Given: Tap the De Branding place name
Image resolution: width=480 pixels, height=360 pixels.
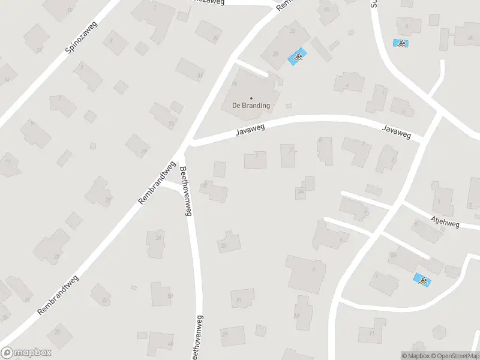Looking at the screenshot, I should coord(251,106).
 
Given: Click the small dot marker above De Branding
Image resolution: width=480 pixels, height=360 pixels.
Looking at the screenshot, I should coord(251,98).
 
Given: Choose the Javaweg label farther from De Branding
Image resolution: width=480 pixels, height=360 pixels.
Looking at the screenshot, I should coord(397,132).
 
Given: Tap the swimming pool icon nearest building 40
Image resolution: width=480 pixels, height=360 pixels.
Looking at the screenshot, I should coord(400,43).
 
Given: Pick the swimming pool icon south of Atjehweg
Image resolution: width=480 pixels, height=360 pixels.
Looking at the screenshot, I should coord(422,280).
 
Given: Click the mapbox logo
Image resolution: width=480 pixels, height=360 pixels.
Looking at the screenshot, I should coord(26,352).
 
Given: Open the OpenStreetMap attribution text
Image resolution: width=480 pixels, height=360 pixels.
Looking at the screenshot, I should coord(453,356).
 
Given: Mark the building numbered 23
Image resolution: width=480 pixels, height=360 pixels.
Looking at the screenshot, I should coord(52,246).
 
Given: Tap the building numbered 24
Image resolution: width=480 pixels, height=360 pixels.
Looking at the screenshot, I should coord(157,243).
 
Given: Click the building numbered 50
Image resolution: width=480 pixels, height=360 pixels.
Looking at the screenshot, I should coord(162,294).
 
